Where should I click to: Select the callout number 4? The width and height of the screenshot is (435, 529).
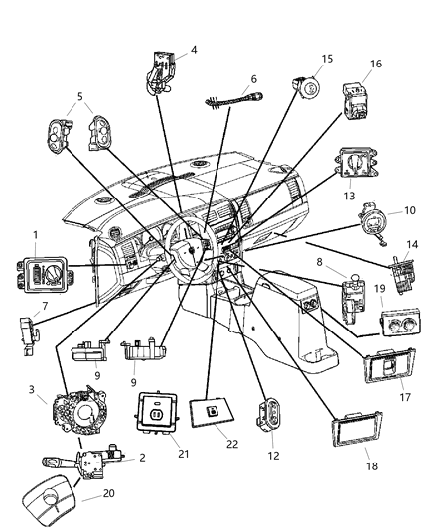point(194,49)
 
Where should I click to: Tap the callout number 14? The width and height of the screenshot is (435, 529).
point(411,243)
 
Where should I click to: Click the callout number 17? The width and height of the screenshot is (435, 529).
point(403,393)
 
